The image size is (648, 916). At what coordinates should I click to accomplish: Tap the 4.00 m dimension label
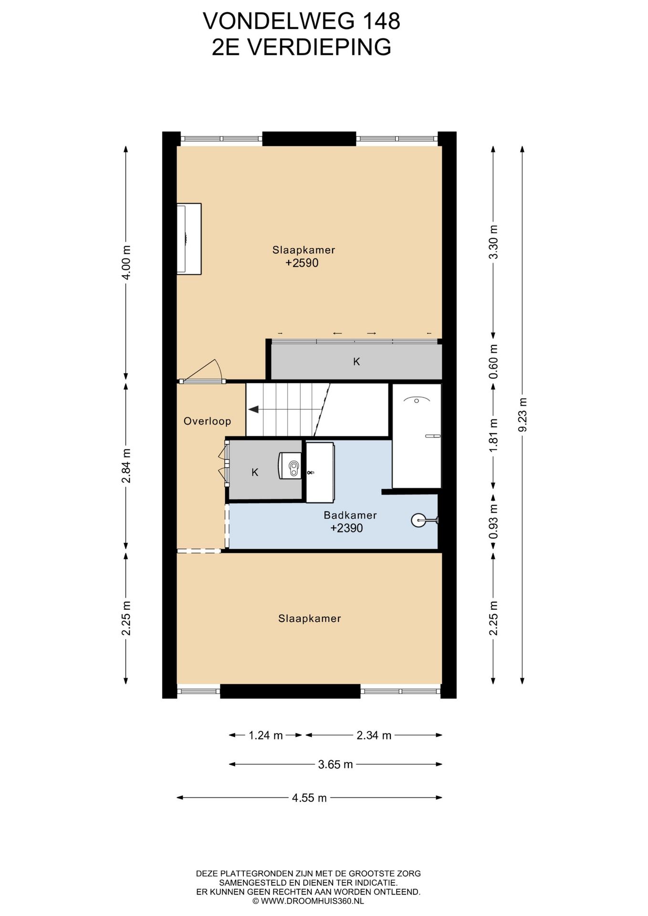click(x=126, y=262)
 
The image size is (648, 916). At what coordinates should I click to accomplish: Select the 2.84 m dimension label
click(x=126, y=466)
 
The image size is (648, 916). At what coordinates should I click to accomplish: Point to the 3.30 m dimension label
click(x=493, y=241)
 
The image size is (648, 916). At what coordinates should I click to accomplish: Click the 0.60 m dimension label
click(x=493, y=361)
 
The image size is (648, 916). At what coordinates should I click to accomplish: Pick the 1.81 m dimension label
click(x=493, y=436)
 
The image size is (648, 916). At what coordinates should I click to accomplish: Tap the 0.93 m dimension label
click(x=493, y=521)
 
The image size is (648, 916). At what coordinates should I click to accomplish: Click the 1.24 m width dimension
click(x=266, y=735)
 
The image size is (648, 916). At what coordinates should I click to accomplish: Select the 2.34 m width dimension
click(x=374, y=735)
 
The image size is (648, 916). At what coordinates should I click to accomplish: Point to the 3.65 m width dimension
click(x=335, y=764)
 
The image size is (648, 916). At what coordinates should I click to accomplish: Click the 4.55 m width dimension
click(x=309, y=798)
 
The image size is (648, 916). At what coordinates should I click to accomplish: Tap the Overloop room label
click(x=207, y=421)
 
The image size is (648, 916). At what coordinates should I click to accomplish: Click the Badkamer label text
click(x=350, y=515)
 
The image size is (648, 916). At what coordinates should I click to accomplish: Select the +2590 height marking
click(x=302, y=263)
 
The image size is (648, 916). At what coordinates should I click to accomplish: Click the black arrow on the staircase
click(x=253, y=409)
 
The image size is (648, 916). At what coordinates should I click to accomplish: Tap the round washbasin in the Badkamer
click(x=418, y=520)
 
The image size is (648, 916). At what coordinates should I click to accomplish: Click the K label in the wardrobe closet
click(x=356, y=362)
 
